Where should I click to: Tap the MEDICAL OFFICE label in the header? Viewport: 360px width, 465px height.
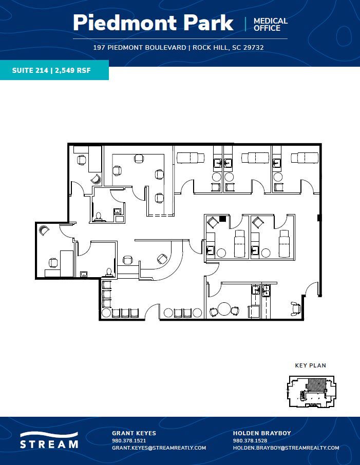270,24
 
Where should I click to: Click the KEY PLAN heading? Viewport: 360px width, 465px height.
310,366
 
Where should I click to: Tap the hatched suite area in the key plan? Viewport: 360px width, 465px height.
316,385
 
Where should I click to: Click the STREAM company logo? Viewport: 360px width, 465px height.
49,440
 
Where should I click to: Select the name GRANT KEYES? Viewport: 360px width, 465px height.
134,433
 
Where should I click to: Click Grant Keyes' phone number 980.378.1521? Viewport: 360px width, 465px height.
129,440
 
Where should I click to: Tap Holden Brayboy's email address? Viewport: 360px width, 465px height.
286,448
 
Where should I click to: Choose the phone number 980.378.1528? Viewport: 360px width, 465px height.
250,440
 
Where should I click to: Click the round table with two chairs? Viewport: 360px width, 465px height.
224,309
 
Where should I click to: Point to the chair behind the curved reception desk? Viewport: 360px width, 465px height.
162,258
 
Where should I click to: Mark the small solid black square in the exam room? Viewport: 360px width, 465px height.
222,219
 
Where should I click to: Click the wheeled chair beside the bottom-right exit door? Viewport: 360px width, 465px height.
295,306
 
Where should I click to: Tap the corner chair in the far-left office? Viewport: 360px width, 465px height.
44,231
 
